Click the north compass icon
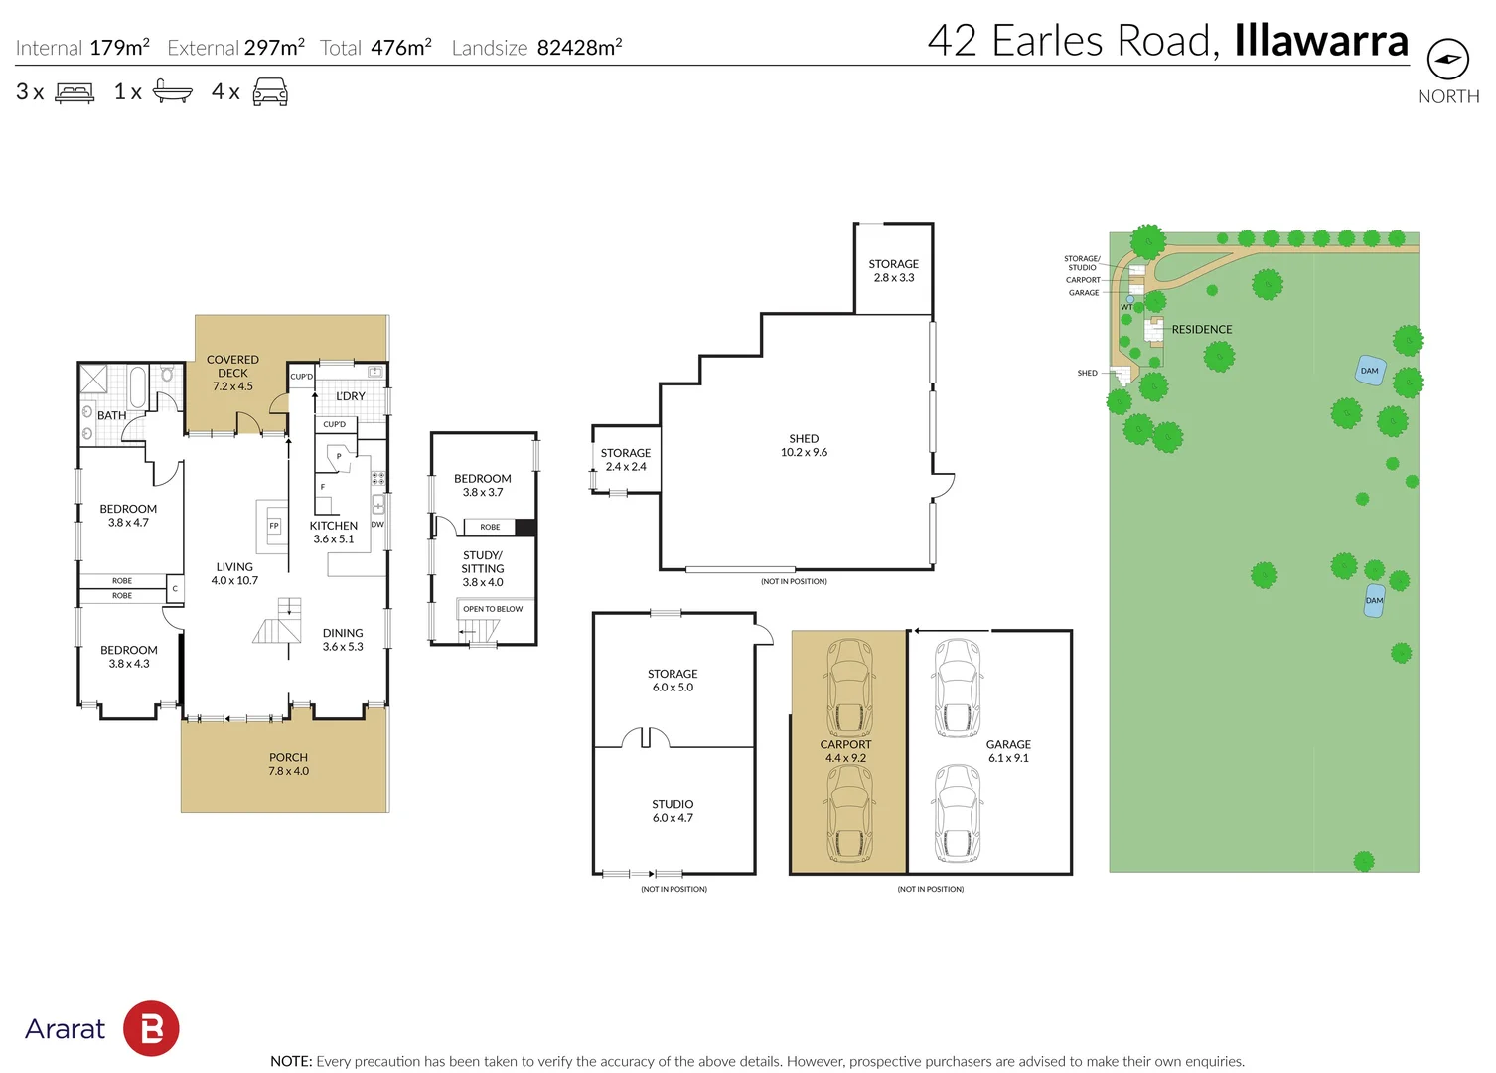click(1448, 59)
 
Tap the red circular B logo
click(151, 1028)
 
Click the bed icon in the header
click(75, 92)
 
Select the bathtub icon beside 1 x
click(172, 90)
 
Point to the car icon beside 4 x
click(270, 92)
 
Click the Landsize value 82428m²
click(579, 47)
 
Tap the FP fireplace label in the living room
click(274, 526)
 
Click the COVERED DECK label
click(232, 366)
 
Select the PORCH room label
click(288, 757)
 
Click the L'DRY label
click(351, 396)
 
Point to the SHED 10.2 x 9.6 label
click(804, 445)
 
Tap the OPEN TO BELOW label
click(493, 609)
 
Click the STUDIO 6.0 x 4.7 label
click(673, 810)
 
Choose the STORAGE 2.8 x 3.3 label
click(894, 270)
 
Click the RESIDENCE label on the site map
click(1202, 329)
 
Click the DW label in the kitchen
click(377, 524)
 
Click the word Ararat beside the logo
click(65, 1029)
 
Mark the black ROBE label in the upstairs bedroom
click(490, 527)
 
